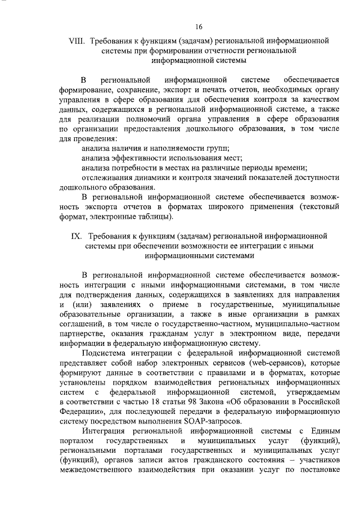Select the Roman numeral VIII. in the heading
[x=76, y=41]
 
